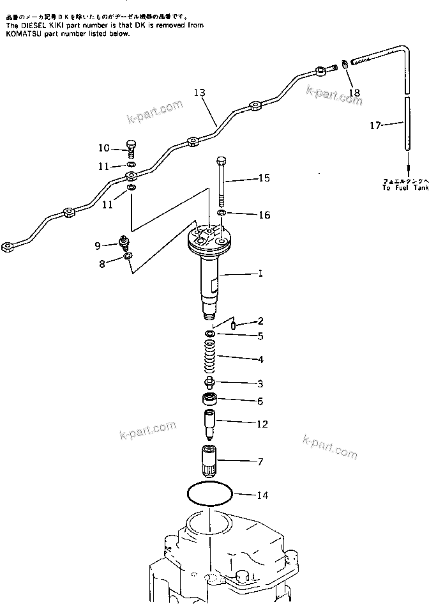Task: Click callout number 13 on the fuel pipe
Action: [199, 93]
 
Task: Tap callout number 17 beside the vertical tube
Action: [375, 126]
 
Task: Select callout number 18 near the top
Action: [354, 93]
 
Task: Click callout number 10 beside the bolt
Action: [104, 148]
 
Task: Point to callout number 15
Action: [263, 178]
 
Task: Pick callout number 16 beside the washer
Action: [264, 215]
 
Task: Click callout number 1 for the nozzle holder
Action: [260, 274]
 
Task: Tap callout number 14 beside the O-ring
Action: [263, 495]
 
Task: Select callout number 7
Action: [260, 461]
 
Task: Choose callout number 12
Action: [262, 424]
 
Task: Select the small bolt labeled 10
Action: [132, 148]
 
